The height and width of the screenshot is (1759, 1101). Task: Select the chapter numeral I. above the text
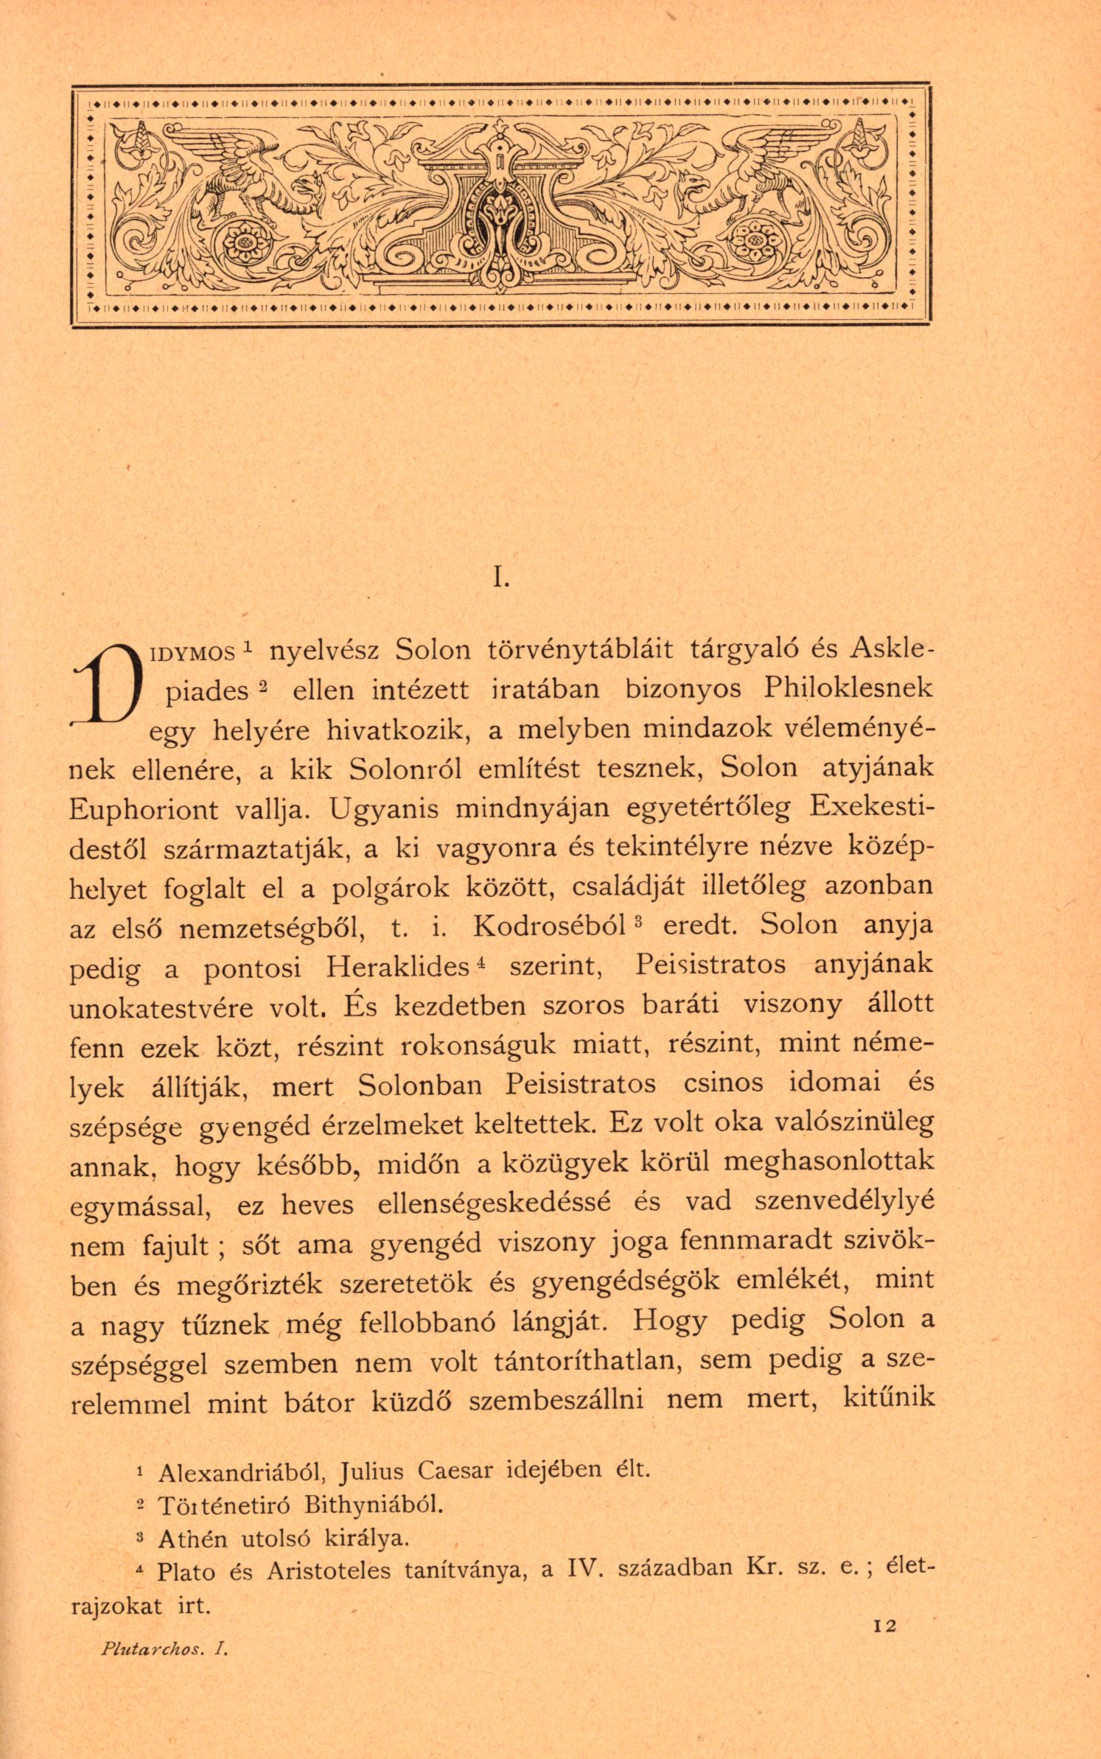click(502, 579)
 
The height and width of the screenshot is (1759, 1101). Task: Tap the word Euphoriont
click(144, 810)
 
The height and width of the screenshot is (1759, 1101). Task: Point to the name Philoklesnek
click(847, 689)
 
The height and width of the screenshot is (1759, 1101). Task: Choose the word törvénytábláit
click(581, 649)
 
